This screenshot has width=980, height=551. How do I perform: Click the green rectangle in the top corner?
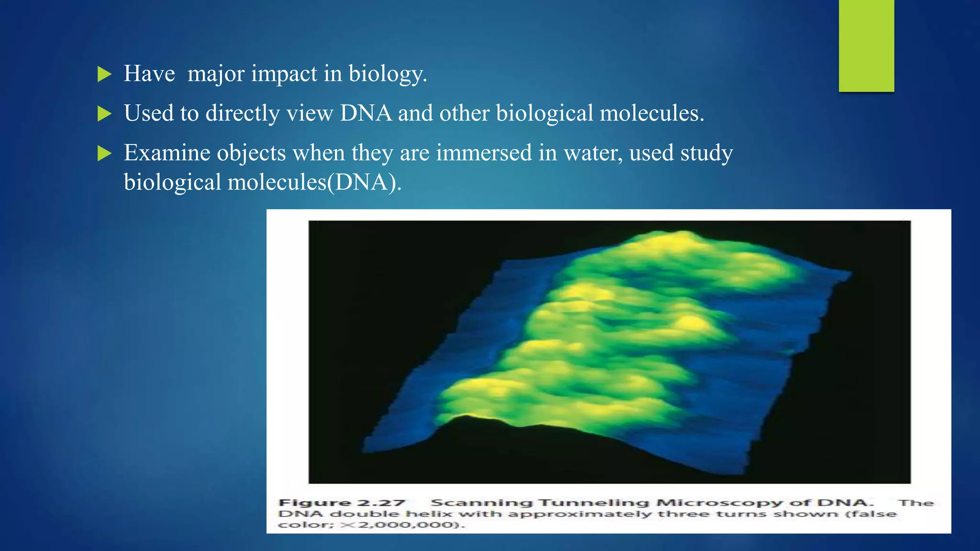point(866,45)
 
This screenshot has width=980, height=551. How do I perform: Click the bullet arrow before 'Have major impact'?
point(104,75)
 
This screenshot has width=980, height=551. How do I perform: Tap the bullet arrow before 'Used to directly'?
point(104,114)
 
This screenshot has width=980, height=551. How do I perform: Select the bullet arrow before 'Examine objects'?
point(104,154)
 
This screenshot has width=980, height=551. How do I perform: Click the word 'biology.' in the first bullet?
point(388,75)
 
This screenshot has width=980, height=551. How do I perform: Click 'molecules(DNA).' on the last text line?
point(314,182)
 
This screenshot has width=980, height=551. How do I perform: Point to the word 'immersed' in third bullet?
point(484,153)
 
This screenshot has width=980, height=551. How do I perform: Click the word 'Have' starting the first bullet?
point(149,74)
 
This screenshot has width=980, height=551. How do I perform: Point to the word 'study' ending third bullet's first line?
point(706,153)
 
